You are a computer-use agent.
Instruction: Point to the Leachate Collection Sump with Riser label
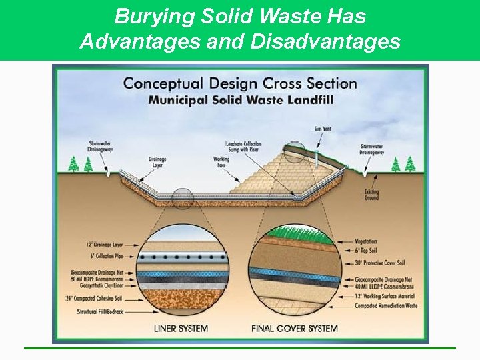244,147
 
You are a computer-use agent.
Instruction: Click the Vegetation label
371,241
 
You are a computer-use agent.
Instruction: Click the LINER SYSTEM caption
180,329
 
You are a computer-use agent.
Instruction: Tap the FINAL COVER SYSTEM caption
295,329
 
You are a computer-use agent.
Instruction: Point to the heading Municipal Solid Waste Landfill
240,100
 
